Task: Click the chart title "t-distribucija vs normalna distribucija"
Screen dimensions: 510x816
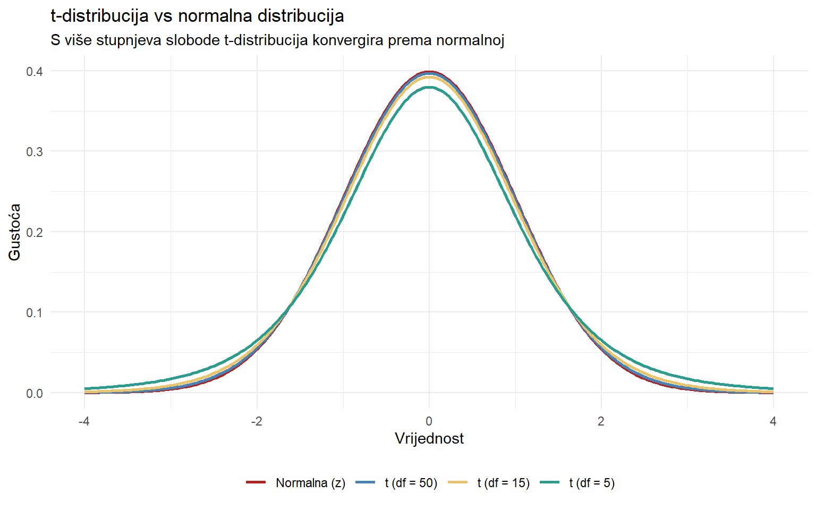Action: click(x=197, y=16)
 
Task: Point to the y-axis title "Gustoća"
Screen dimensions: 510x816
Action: click(x=15, y=232)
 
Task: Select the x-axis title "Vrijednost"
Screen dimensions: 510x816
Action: click(x=429, y=438)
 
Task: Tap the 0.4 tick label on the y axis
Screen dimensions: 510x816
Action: click(x=35, y=71)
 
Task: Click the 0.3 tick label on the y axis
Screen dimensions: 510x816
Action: click(x=35, y=151)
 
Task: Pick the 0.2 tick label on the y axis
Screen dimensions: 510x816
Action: click(x=35, y=232)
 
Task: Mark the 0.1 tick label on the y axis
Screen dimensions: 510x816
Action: click(x=35, y=312)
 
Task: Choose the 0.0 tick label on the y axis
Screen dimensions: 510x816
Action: click(x=35, y=393)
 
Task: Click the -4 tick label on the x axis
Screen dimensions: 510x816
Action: click(x=84, y=421)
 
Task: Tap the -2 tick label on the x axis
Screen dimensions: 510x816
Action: click(x=257, y=421)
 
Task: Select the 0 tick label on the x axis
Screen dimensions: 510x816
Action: click(x=429, y=421)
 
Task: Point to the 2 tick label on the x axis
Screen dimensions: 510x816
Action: click(x=601, y=421)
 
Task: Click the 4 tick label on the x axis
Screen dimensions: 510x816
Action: click(x=773, y=421)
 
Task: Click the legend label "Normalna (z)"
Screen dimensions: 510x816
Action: click(x=310, y=483)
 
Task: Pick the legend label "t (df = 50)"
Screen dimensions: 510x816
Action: click(x=411, y=483)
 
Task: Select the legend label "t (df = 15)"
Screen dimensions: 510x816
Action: click(x=504, y=483)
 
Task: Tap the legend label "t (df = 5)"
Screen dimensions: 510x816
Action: click(x=592, y=483)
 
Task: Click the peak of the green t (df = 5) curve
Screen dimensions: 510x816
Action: click(x=429, y=88)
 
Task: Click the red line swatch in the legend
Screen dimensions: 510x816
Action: click(x=256, y=482)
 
